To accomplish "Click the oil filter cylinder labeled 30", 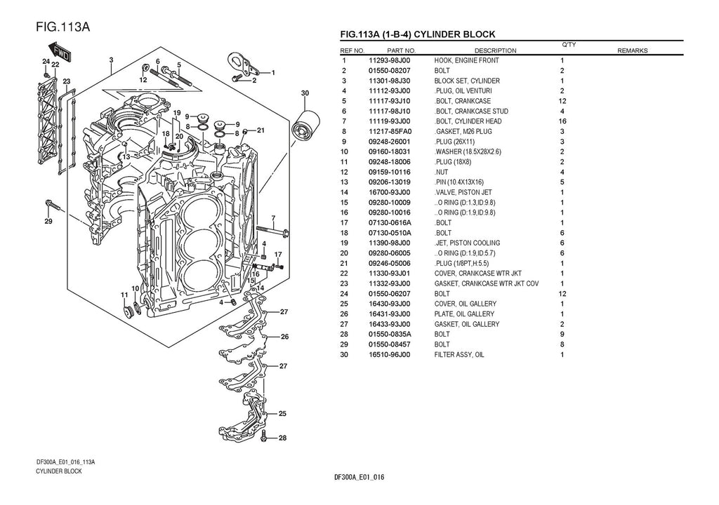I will pos(307,128).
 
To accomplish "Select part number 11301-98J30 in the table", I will pos(390,81).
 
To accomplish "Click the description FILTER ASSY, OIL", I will pos(459,355).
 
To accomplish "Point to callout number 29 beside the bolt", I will pos(48,223).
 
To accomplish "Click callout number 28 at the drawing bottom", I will pos(282,438).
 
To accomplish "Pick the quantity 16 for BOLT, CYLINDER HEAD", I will pos(562,121).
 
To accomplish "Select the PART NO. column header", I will pos(401,50).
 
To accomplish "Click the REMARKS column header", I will pos(632,50).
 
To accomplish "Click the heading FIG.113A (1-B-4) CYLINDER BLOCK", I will pos(417,34).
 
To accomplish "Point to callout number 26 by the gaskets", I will pos(284,337).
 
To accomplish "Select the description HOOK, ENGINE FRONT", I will pos(466,60).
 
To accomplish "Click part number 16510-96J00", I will pos(390,355).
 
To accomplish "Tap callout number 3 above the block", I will pos(111,60).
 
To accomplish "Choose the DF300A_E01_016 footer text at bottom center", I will pos(359,478).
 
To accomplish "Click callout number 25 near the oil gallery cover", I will pos(282,414).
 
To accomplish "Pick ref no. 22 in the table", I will pos(344,274).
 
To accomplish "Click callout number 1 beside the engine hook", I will pos(272,72).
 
